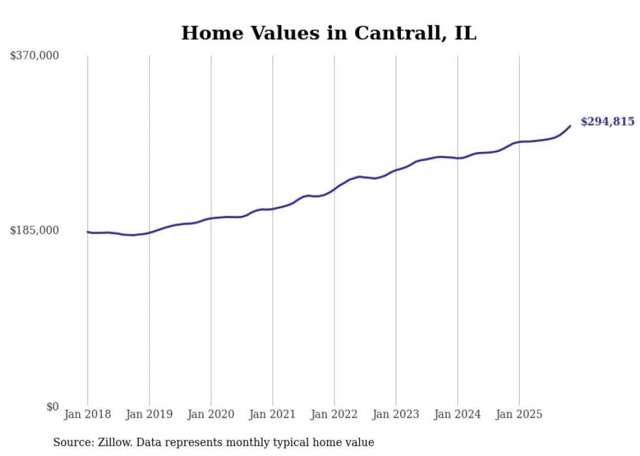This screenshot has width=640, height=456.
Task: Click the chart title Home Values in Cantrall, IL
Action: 328,33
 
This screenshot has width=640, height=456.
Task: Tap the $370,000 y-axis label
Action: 35,56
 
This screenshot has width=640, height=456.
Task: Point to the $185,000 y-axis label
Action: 35,230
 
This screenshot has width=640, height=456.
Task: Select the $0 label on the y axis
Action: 52,406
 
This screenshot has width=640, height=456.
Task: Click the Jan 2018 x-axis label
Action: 88,414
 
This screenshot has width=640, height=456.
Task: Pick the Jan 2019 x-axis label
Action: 149,414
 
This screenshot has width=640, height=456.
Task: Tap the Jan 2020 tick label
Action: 211,414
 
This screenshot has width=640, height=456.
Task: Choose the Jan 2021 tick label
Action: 272,414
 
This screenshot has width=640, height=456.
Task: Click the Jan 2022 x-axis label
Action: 334,414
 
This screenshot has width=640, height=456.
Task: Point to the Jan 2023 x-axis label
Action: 396,414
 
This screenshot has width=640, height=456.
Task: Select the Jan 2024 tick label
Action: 458,414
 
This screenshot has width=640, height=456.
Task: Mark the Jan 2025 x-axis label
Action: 519,414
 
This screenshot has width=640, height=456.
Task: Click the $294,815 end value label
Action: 607,121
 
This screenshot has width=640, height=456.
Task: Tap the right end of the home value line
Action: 570,126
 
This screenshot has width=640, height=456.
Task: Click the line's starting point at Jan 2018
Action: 88,232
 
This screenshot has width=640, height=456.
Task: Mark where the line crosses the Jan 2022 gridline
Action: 334,189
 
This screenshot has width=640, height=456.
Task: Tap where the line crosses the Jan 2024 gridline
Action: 458,158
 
